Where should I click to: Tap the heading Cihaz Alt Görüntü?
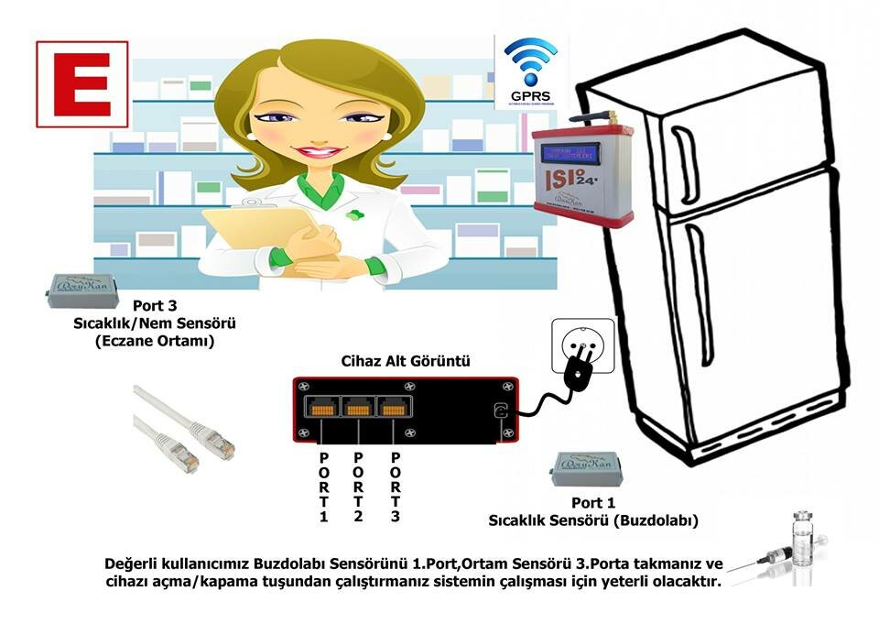click(406, 362)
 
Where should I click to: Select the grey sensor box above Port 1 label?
click(586, 470)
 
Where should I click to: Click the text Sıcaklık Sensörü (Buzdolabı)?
click(593, 520)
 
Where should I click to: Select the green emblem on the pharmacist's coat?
click(353, 216)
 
